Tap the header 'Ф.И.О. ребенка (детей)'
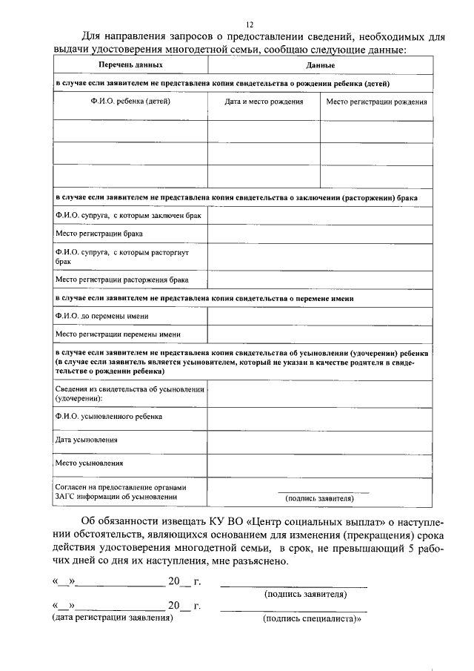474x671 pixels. point(130,101)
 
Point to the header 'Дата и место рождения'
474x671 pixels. point(264,101)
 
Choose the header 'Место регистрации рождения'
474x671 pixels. point(376,101)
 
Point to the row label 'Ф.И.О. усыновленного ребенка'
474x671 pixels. point(109,417)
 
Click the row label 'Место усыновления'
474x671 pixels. point(90,463)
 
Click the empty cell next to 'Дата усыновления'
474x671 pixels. point(319,440)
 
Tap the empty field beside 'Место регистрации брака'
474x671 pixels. point(319,234)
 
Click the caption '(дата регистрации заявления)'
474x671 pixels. point(112,618)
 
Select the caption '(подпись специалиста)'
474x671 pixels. point(311,618)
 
